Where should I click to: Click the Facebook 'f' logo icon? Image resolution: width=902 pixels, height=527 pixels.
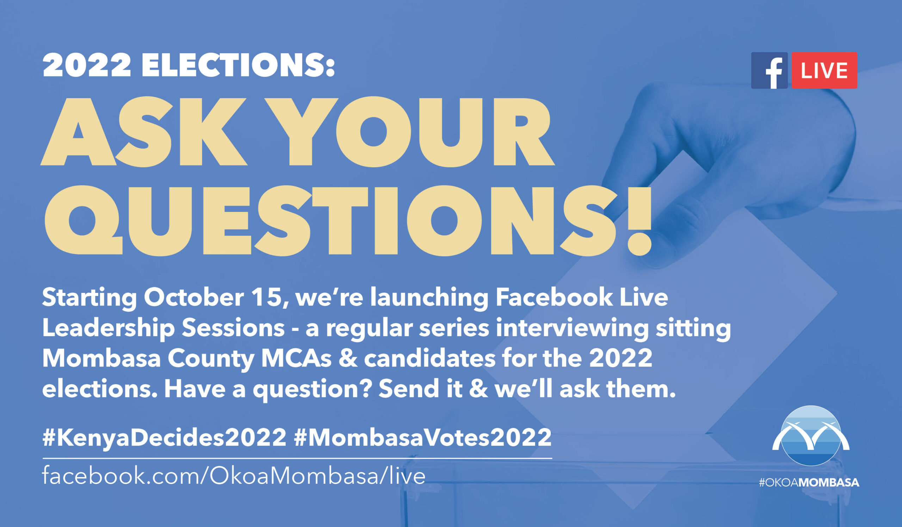(x=769, y=70)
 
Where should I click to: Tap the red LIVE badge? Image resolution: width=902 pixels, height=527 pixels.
(x=824, y=70)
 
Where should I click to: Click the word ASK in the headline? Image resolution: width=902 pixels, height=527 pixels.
(x=143, y=131)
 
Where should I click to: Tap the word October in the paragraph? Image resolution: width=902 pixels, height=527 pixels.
(x=194, y=297)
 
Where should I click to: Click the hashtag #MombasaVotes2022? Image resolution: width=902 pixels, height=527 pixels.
(x=423, y=437)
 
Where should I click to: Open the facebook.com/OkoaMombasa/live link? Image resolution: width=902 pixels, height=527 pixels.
(x=234, y=476)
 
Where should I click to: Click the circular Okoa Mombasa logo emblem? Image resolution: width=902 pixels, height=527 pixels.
(x=811, y=435)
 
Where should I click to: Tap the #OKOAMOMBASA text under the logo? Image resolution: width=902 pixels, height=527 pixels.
(x=809, y=483)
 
